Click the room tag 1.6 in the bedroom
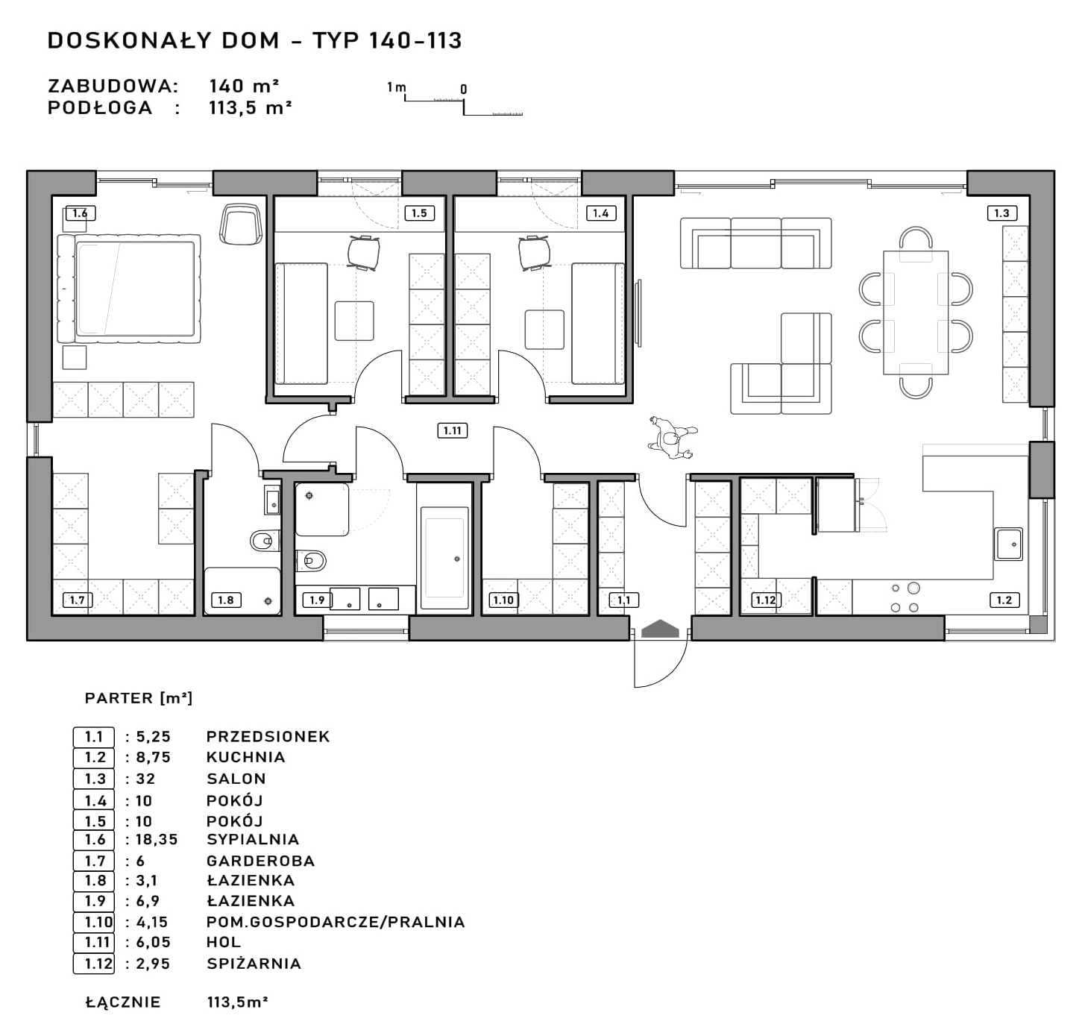coord(81,213)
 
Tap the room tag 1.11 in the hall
coord(453,430)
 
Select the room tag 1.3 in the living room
coord(1001,213)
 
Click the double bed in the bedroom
coord(129,289)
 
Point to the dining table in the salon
coord(916,313)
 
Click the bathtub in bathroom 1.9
coord(444,558)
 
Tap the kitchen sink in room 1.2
coord(1008,544)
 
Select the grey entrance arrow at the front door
coord(661,629)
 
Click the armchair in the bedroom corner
coord(241,224)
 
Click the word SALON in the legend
coord(236,779)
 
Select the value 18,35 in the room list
coord(157,839)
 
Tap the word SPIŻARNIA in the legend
coord(254,964)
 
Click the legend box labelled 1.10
coord(93,923)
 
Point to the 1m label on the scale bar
coord(396,87)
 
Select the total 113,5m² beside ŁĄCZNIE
coord(237,1002)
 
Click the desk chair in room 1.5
coord(364,252)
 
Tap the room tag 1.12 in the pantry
coord(766,600)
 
